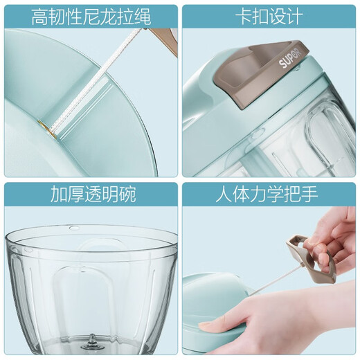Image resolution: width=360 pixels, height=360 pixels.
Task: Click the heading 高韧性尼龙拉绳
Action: point(91,15)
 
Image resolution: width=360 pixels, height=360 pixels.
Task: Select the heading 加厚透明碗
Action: point(91,195)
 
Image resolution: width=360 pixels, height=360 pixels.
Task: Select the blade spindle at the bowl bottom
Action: point(91,341)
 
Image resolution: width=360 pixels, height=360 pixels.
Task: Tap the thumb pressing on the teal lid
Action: point(211,323)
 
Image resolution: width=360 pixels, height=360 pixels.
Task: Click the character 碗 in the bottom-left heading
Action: point(127,195)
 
